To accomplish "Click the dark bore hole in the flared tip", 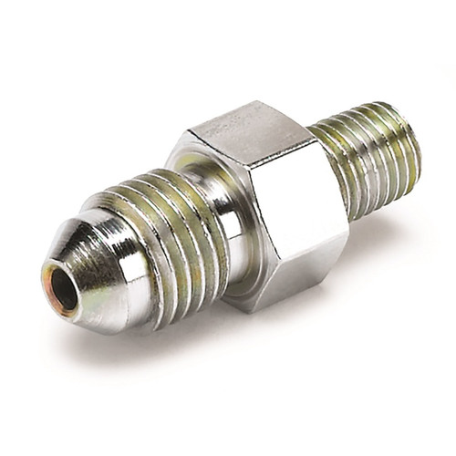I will [x=64, y=291].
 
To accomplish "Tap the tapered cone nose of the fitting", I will [x=91, y=264].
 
